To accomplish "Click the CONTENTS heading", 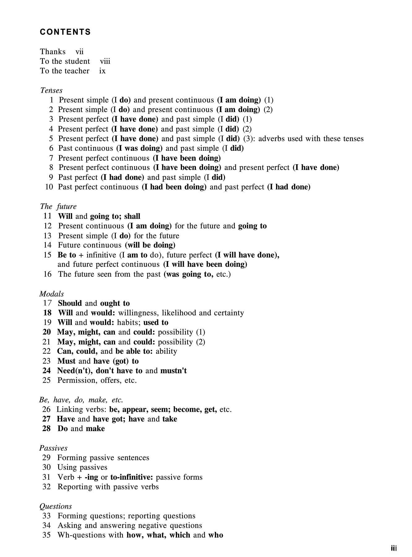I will pyautogui.click(x=65, y=32).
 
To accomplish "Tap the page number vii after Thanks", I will pyautogui.click(x=80, y=52).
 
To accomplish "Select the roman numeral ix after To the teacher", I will pyautogui.click(x=102, y=71).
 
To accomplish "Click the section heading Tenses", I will pyautogui.click(x=51, y=90).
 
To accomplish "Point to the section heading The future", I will pyautogui.click(x=58, y=206).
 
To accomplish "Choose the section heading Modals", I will pyautogui.click(x=52, y=294).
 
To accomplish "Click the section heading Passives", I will pyautogui.click(x=53, y=448).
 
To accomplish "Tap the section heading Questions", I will pyautogui.click(x=56, y=506).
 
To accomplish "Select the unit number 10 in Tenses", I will pyautogui.click(x=49, y=187).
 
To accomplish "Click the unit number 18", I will pyautogui.click(x=47, y=313).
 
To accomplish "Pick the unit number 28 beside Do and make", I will pyautogui.click(x=46, y=428).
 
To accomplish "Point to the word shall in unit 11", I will pyautogui.click(x=132, y=216).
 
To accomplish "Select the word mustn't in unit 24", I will pyautogui.click(x=173, y=371).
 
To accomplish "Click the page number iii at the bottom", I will pyautogui.click(x=394, y=549).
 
